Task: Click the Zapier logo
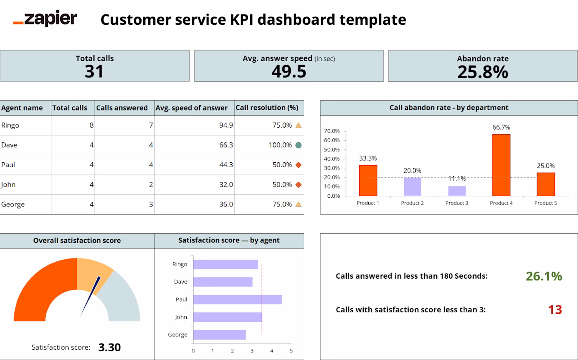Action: click(x=45, y=18)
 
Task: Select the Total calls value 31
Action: click(x=94, y=71)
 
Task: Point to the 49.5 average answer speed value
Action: click(x=289, y=71)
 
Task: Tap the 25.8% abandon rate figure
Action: click(x=483, y=72)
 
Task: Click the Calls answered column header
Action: click(x=122, y=108)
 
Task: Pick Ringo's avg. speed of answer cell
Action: click(x=194, y=125)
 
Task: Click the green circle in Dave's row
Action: click(x=298, y=145)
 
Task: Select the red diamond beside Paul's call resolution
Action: click(x=298, y=165)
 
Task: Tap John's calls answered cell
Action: click(x=124, y=185)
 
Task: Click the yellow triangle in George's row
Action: click(x=298, y=204)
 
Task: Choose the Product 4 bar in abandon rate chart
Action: click(x=501, y=165)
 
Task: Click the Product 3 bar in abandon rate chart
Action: click(x=457, y=191)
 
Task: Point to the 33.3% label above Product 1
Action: click(x=368, y=158)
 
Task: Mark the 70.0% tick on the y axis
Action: click(x=332, y=131)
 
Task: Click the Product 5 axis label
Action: click(x=545, y=203)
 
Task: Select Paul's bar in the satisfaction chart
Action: click(x=237, y=300)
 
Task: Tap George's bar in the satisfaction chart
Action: click(x=219, y=335)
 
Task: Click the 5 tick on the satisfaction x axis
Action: click(x=291, y=351)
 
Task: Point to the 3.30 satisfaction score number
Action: click(x=109, y=347)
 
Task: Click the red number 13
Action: click(x=555, y=310)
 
